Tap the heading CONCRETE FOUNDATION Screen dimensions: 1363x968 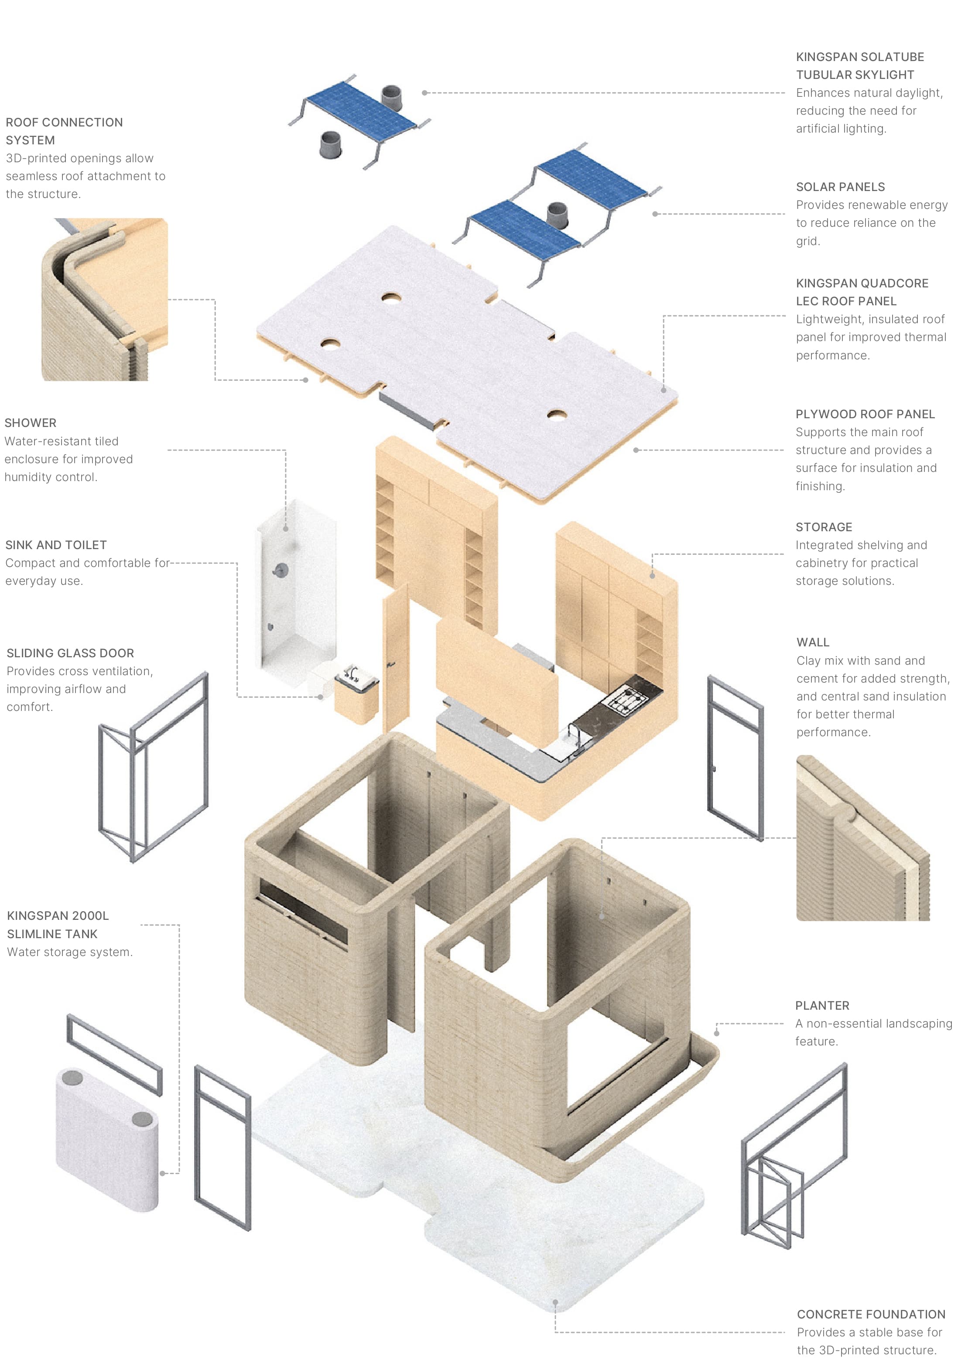point(870,1314)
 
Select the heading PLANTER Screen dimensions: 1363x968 point(821,1005)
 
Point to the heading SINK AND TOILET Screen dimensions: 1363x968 point(56,545)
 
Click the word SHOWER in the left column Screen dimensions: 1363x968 point(31,423)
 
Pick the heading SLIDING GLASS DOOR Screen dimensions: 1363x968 point(70,653)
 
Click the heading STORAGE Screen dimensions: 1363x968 point(823,527)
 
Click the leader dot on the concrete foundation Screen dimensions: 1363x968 point(555,1302)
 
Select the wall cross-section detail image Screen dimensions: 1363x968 point(862,839)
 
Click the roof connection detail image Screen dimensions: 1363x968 point(104,299)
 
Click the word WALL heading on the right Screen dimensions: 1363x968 point(812,642)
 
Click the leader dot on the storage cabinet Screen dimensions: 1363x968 point(652,576)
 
